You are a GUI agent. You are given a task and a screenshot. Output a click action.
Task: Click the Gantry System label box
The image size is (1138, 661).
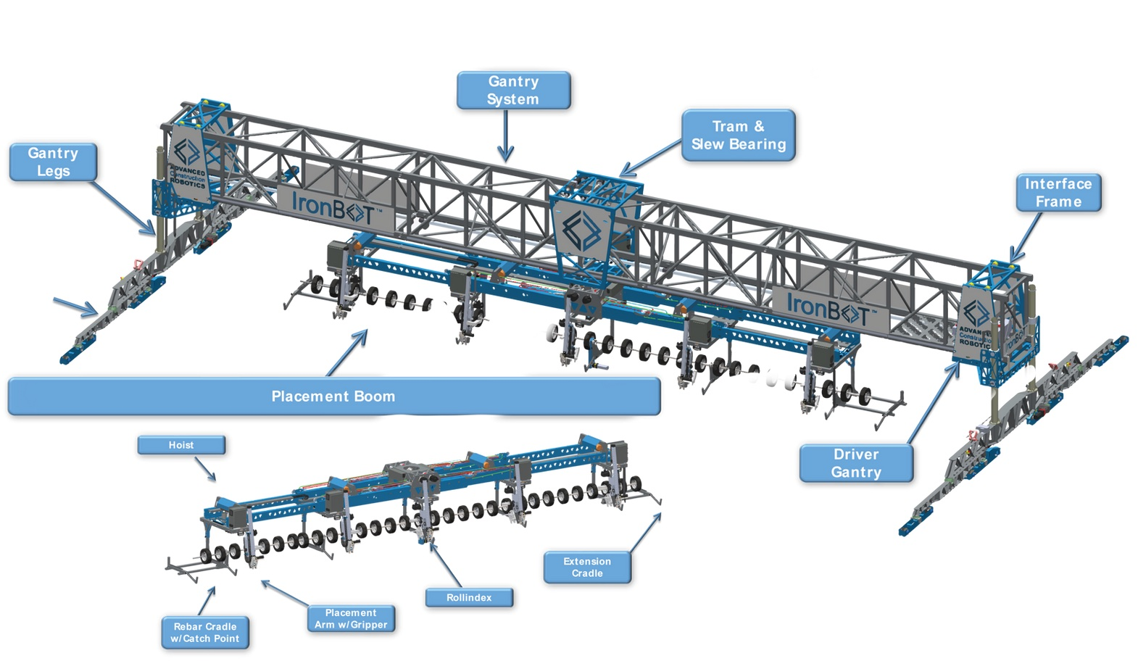coord(513,91)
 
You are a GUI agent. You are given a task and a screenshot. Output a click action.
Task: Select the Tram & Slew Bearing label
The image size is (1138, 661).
coord(738,135)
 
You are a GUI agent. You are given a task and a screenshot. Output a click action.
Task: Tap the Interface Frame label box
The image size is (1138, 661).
coord(1058,193)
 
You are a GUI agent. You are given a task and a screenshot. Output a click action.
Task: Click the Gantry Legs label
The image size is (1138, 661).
coord(53,162)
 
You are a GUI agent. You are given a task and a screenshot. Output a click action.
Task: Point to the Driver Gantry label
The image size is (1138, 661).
coord(855,463)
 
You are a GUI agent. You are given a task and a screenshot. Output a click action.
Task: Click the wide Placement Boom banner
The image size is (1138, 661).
coord(333,396)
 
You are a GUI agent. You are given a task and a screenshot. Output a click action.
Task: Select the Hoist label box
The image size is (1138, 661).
coord(181,445)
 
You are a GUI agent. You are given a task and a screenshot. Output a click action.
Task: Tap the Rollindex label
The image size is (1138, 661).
coord(469,598)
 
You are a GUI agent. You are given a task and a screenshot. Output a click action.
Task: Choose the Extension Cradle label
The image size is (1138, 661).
coord(586,568)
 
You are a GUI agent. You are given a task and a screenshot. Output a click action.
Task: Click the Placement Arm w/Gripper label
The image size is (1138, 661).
coord(351,619)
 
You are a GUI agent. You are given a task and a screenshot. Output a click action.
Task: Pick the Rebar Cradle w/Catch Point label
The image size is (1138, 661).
coord(204,633)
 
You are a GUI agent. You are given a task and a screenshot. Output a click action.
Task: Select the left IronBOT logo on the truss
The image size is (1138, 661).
coord(333,207)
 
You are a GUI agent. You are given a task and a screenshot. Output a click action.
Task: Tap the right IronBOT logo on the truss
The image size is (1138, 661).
coord(827,308)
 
